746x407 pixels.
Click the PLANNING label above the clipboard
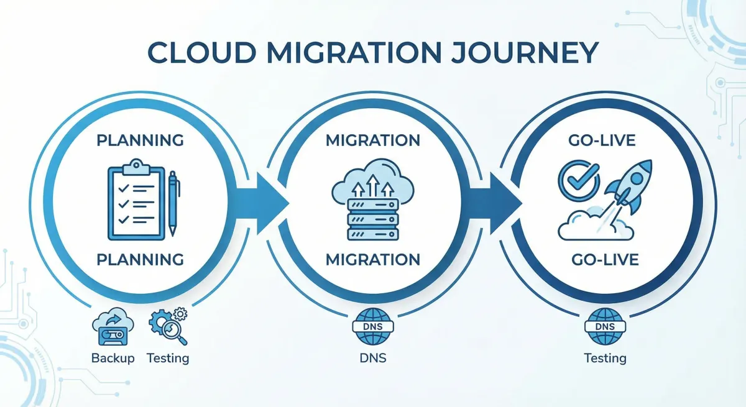click(x=140, y=140)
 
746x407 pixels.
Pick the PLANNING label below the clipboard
click(x=140, y=258)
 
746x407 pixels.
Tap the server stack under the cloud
click(x=372, y=219)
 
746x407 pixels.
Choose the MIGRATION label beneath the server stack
click(x=373, y=258)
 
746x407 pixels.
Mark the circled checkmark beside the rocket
click(x=579, y=179)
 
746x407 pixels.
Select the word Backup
click(x=113, y=359)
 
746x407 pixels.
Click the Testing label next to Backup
click(x=168, y=359)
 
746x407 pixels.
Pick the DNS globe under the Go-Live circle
click(x=604, y=327)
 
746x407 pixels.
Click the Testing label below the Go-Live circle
click(x=605, y=359)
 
